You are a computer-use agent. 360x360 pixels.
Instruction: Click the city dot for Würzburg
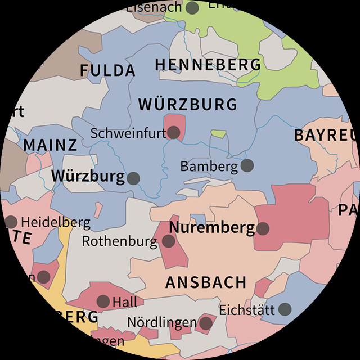[x=133, y=178]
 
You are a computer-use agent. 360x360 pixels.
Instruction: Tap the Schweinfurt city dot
[x=174, y=133]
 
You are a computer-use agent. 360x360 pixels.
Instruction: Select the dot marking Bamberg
[x=247, y=165]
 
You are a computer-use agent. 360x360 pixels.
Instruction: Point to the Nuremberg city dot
[x=263, y=228]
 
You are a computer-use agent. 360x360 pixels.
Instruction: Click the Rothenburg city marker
[x=168, y=241]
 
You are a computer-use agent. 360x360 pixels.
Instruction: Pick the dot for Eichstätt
[x=285, y=309]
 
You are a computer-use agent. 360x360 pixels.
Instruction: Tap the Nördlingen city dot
[x=206, y=323]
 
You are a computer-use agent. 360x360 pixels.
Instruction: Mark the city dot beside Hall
[x=103, y=301]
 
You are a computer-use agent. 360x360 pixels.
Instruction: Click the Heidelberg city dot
[x=11, y=222]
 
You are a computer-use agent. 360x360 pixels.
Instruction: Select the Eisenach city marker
[x=192, y=8]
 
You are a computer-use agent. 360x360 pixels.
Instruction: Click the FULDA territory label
[x=107, y=71]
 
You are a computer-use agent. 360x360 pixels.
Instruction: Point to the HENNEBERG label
[x=208, y=65]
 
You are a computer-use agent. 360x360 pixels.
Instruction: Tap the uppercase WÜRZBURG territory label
[x=188, y=105]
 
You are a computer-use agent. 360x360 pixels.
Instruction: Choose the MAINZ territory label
[x=50, y=145]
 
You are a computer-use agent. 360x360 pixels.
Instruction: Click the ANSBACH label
[x=206, y=282]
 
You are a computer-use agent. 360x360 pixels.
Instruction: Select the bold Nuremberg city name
[x=212, y=228]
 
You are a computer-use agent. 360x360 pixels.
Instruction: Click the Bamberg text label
[x=209, y=166]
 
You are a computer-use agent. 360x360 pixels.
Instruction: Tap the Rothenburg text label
[x=120, y=242]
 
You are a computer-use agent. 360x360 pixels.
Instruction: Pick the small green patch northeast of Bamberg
[x=219, y=134]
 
